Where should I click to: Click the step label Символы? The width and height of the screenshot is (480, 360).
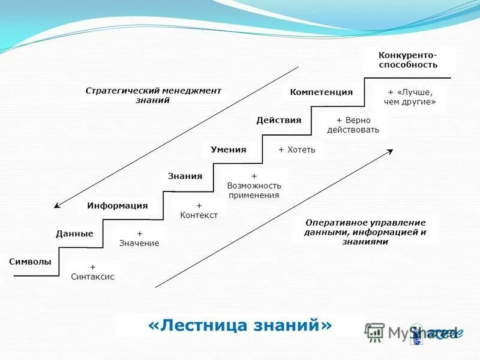point(30,262)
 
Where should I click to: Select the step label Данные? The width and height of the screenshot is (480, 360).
point(74,233)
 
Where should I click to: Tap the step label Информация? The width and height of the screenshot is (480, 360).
point(117,205)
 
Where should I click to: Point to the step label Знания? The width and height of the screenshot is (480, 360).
point(185,176)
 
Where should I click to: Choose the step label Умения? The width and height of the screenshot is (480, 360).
point(228,149)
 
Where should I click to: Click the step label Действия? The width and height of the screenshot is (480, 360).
point(278,120)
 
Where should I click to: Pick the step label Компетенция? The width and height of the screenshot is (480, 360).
point(321,92)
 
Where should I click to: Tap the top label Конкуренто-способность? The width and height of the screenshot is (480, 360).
point(407,60)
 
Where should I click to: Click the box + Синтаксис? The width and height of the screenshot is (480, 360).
point(93,272)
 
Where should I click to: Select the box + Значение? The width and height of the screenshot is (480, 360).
point(139,238)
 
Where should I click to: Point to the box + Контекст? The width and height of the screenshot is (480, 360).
point(199,211)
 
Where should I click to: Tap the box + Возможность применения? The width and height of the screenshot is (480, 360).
point(253,185)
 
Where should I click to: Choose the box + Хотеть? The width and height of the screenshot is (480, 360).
point(296,149)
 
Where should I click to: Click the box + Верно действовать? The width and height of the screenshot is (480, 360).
point(353,125)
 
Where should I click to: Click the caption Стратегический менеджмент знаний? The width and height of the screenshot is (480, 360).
point(153,95)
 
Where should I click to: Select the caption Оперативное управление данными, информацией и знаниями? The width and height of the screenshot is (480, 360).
point(365,232)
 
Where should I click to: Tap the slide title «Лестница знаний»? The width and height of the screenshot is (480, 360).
point(239,325)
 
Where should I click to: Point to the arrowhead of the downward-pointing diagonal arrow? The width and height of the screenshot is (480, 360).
point(57,205)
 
